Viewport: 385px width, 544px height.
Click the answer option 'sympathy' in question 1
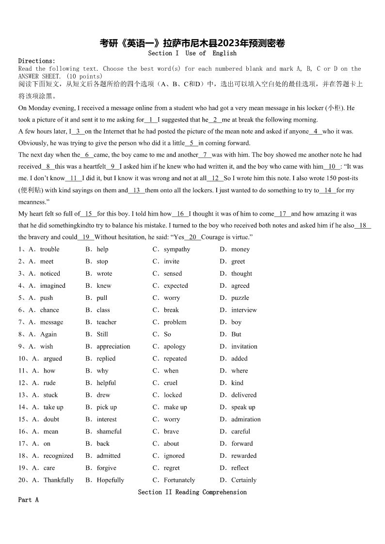(x=177, y=249)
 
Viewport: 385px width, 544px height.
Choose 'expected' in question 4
(x=176, y=286)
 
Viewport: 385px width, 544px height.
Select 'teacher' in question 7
(x=106, y=322)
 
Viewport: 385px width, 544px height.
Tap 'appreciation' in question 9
(x=113, y=346)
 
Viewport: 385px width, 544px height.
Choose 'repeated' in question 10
(x=175, y=359)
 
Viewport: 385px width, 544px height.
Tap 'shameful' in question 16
(x=109, y=432)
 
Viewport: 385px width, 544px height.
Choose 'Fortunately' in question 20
(x=179, y=480)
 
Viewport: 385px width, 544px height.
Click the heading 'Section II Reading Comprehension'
(x=192, y=492)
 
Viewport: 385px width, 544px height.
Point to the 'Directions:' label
(x=37, y=61)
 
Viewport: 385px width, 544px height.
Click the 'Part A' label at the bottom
(x=28, y=499)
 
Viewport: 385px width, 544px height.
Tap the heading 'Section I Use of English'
(x=192, y=53)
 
